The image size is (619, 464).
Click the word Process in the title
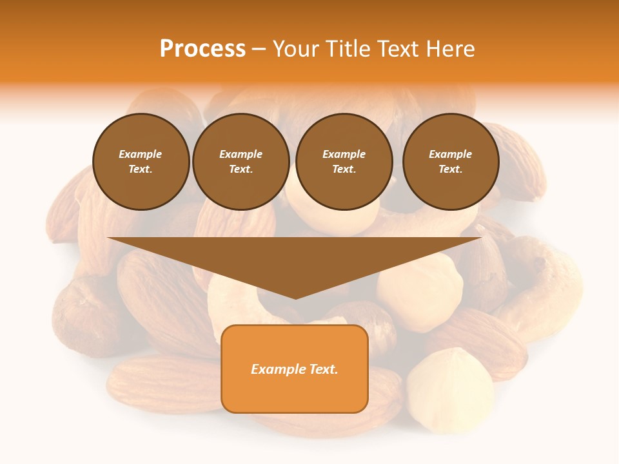click(x=202, y=49)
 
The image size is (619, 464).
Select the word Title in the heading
click(x=349, y=49)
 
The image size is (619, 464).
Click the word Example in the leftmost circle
click(x=141, y=154)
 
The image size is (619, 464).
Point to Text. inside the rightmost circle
click(x=451, y=169)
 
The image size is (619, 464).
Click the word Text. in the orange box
click(x=322, y=369)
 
